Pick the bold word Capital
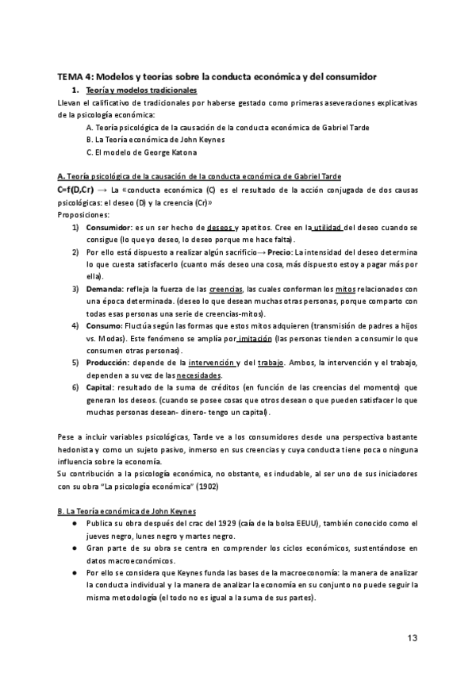(102, 388)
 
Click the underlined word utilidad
(326, 227)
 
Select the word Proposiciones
(85, 214)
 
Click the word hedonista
(78, 449)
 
